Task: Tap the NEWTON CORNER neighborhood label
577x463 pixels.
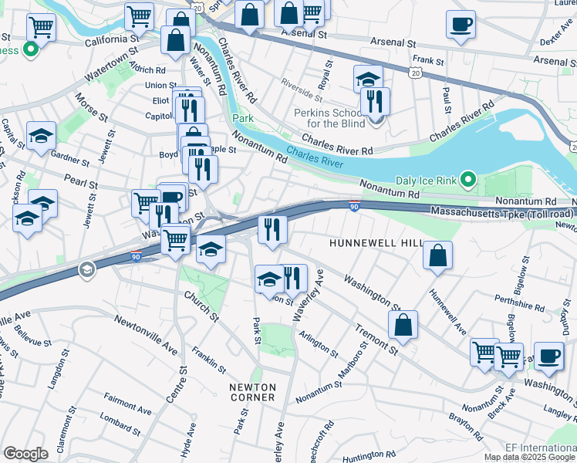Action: pos(252,390)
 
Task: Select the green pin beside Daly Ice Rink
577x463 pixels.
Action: pos(467,181)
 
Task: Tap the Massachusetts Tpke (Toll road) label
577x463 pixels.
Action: pos(502,211)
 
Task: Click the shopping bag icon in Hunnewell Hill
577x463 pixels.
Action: pos(437,257)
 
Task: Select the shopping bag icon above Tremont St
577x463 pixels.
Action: pos(403,326)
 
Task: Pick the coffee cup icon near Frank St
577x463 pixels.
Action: pos(461,25)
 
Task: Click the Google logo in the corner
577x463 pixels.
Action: pos(25,454)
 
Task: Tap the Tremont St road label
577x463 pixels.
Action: pos(376,340)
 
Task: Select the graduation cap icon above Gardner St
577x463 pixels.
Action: pos(41,137)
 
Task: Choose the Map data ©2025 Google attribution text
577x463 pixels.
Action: pos(529,457)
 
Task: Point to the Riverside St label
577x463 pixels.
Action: pos(302,89)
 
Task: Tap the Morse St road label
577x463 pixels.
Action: pos(91,108)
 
